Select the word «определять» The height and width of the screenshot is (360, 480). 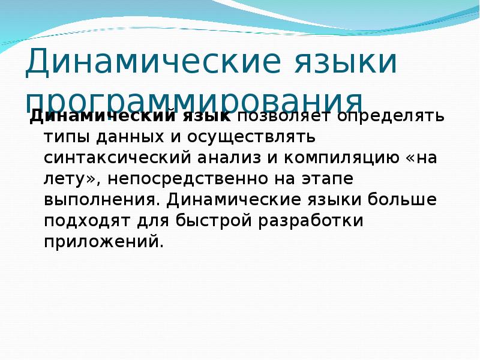(x=391, y=116)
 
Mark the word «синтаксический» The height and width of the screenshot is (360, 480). (x=116, y=158)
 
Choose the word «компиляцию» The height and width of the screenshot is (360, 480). (x=340, y=158)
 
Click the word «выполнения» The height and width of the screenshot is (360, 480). (x=103, y=200)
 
